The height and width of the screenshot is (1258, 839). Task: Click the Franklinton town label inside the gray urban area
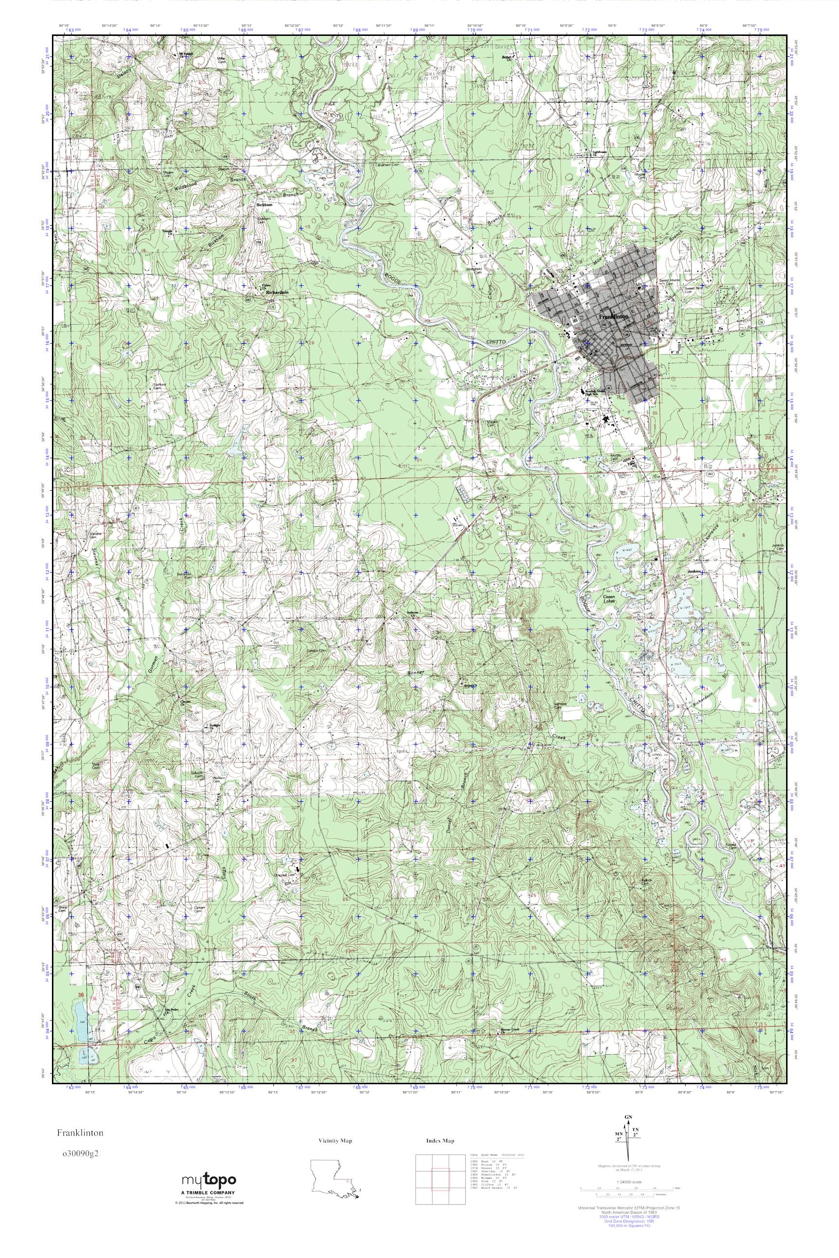click(614, 316)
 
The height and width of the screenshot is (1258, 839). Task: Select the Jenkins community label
click(694, 571)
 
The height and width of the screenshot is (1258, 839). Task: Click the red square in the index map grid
click(440, 1183)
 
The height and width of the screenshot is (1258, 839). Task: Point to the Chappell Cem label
click(284, 875)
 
